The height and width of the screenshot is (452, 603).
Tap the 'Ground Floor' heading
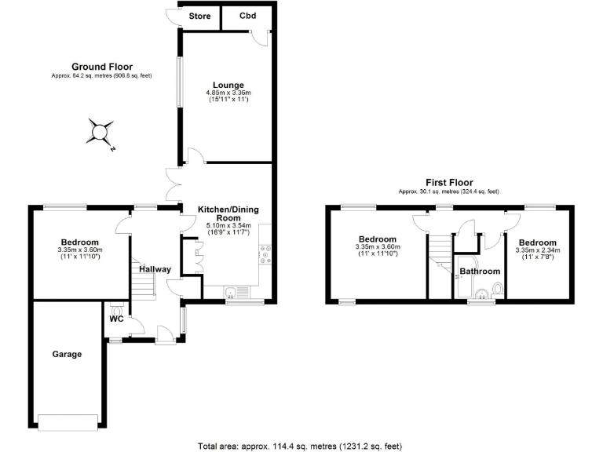point(102,67)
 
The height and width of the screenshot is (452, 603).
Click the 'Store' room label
point(199,15)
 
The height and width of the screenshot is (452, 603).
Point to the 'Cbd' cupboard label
point(247,15)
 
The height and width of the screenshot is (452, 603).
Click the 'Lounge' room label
point(228,85)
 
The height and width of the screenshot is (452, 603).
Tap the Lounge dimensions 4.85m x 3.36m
point(228,93)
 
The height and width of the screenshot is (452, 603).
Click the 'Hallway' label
point(155,269)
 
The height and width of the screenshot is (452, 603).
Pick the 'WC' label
point(116,319)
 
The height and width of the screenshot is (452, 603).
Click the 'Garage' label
point(67,354)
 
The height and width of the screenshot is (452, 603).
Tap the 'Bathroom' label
point(480,272)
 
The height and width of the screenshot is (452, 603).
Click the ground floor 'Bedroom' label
point(79,242)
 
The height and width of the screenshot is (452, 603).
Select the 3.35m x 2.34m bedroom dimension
point(537,250)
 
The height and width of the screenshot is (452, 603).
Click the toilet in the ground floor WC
point(118,309)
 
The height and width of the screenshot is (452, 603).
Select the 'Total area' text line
point(301,445)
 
